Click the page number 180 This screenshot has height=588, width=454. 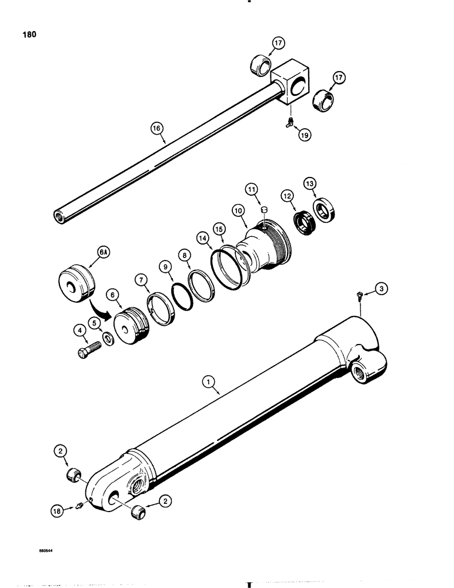(x=29, y=35)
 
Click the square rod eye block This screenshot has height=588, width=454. (x=292, y=82)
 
